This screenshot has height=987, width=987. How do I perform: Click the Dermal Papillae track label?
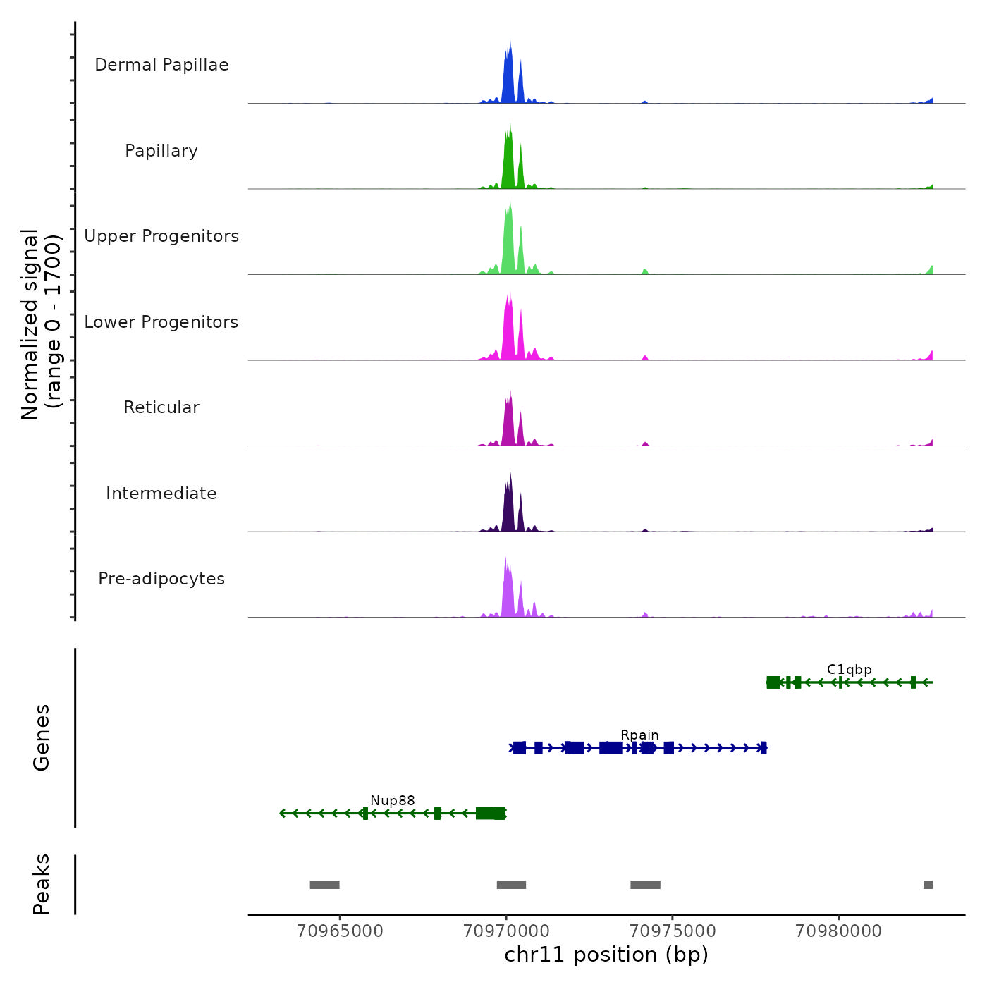point(161,65)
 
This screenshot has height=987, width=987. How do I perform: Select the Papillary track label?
point(161,151)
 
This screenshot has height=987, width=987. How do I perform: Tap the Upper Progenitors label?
point(161,236)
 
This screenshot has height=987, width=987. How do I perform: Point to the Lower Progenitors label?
point(161,322)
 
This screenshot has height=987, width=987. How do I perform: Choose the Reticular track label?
point(161,407)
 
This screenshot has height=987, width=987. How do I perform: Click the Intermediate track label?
point(161,493)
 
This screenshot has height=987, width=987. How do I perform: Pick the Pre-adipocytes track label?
point(161,579)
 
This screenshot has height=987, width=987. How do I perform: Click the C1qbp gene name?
point(849,670)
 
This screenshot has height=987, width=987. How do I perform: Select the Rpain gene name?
point(639,735)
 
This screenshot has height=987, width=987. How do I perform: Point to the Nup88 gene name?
point(393,801)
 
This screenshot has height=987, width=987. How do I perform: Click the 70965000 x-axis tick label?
point(340,931)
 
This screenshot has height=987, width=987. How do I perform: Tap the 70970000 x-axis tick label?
point(506,931)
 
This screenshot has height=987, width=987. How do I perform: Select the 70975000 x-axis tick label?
point(673,931)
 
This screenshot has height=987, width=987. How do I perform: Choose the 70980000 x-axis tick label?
point(838,931)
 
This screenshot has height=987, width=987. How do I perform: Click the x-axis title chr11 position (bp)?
point(606,955)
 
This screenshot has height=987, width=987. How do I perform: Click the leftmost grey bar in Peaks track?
point(324,885)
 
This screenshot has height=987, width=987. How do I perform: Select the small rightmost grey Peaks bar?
point(928,885)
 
